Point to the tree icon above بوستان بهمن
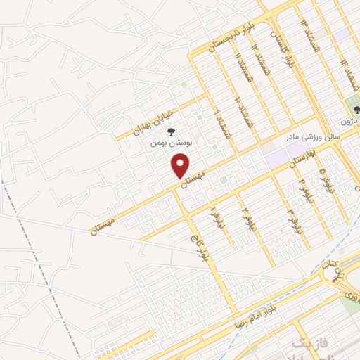[171, 130]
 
